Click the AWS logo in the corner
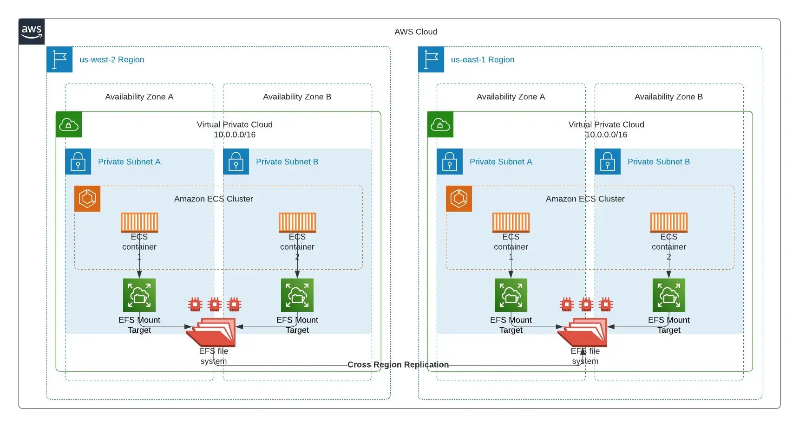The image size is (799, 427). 32,32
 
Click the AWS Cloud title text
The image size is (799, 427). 415,32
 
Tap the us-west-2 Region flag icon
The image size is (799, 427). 59,59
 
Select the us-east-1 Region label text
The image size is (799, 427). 482,59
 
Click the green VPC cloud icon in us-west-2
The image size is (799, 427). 69,124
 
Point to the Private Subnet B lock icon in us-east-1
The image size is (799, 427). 608,162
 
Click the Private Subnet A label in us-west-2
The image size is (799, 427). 129,162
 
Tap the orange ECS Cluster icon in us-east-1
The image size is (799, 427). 459,199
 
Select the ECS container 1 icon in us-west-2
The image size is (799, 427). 139,222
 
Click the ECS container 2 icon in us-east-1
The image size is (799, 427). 669,222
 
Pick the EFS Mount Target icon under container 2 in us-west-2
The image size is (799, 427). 297,295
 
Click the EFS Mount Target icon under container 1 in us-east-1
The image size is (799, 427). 511,295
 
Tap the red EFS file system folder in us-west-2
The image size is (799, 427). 213,332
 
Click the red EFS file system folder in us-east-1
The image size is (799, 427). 584,332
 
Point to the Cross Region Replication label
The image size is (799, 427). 398,364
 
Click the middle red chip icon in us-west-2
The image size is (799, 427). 215,304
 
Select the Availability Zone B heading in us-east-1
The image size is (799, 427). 668,97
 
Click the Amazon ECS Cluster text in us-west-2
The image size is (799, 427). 213,199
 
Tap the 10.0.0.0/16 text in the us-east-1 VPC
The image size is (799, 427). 606,135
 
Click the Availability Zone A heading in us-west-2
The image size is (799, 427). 139,97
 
